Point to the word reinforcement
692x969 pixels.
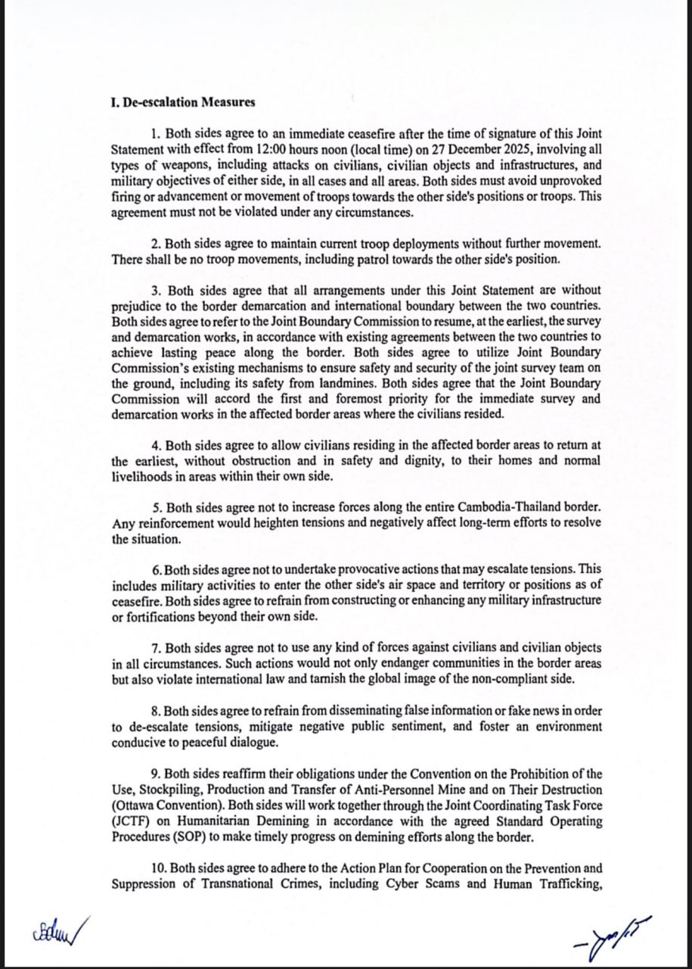click(171, 524)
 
